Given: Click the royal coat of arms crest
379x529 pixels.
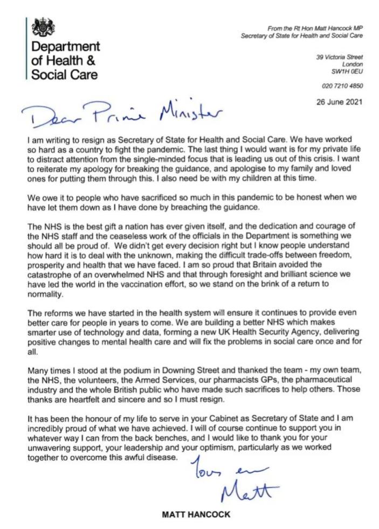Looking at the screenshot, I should tap(42, 26).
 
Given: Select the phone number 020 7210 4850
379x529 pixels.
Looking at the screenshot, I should tap(343, 86).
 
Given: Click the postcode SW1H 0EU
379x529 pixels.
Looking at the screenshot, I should tap(347, 71).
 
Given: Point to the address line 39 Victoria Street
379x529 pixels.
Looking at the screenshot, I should tap(340, 57).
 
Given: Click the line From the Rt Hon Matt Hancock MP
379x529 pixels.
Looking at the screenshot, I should tap(315, 27).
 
